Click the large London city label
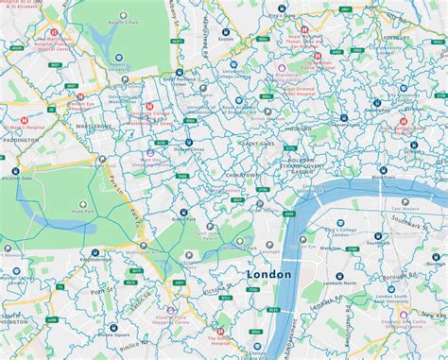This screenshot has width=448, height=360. pos(269,273)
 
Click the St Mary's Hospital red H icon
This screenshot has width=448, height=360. pos(24,122)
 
